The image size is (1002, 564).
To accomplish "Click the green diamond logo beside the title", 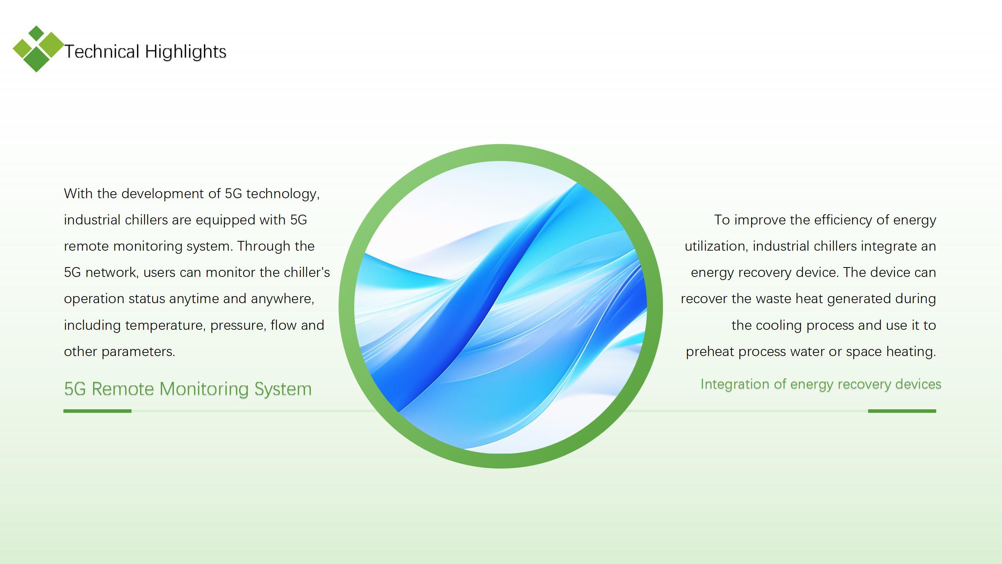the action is (38, 49).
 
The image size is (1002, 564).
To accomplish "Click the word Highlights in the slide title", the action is (186, 52).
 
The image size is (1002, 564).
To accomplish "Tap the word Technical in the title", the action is (102, 52).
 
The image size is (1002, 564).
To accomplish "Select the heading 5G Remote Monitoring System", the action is (188, 389).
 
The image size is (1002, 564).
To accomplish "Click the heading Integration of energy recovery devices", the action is (821, 384).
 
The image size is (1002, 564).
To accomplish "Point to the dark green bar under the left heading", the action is (97, 411).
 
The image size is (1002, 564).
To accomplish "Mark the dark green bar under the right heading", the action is (902, 411).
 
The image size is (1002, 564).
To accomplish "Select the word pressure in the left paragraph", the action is (238, 325).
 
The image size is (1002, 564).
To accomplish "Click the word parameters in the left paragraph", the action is (138, 352).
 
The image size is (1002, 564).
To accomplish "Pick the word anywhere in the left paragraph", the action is (282, 299).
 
